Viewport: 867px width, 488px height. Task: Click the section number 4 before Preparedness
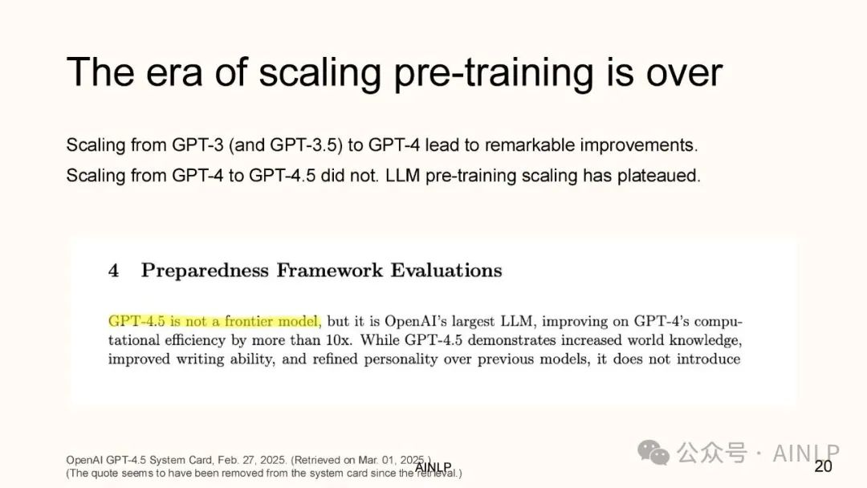tap(113, 270)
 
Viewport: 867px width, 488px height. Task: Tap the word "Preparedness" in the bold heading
tap(205, 270)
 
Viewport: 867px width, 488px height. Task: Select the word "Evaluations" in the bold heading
tap(446, 270)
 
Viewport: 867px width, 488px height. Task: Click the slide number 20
tap(823, 466)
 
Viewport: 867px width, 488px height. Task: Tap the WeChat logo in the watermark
tap(653, 453)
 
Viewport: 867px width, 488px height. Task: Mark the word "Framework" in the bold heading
tap(330, 270)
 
